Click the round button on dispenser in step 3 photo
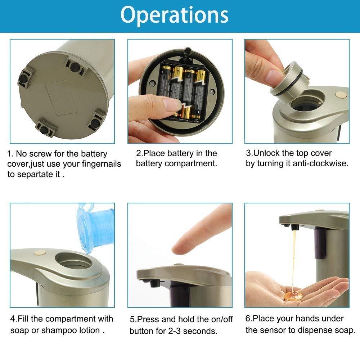[341, 94]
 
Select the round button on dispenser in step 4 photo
[40, 253]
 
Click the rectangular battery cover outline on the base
[61, 98]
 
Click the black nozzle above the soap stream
[295, 227]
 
